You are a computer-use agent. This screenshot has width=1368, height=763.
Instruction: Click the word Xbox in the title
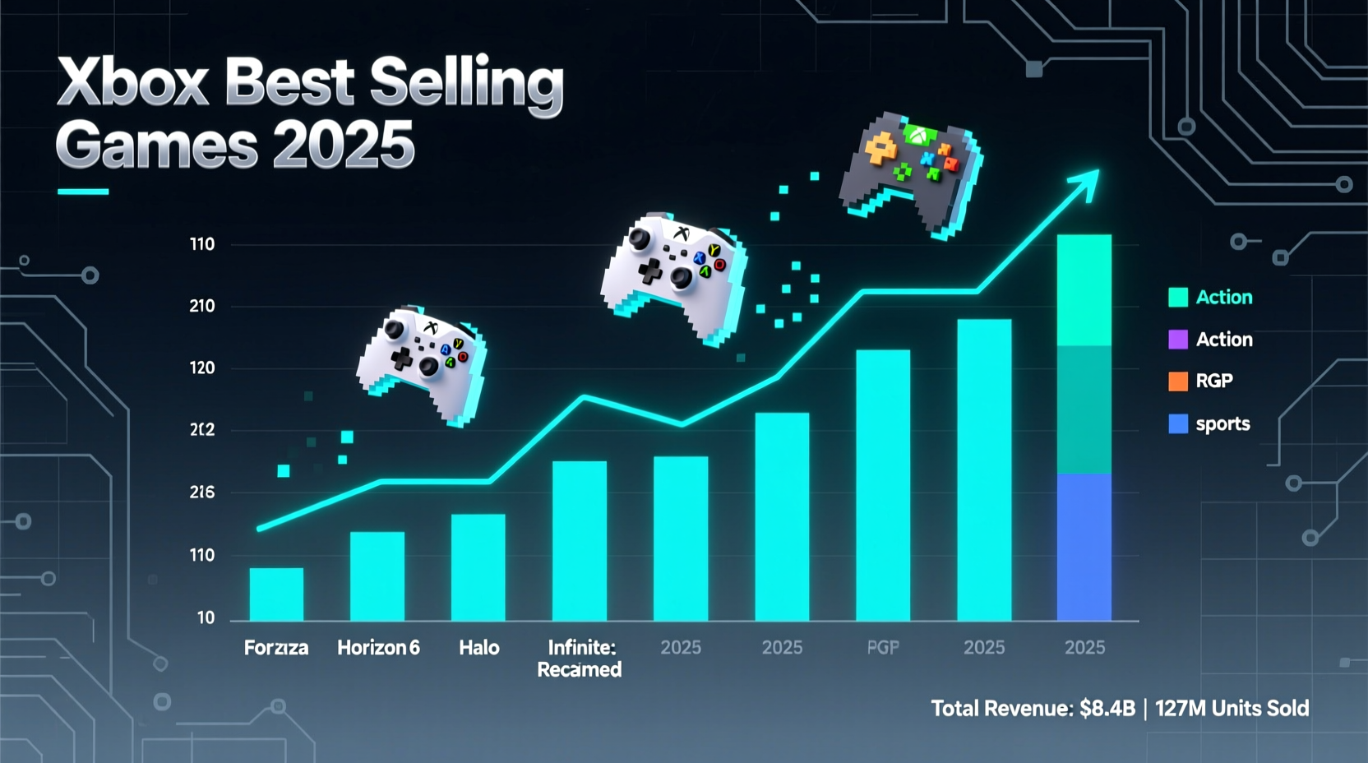point(132,83)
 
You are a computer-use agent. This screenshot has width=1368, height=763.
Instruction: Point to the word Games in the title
point(156,144)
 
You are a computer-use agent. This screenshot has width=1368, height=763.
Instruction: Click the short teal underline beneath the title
point(83,192)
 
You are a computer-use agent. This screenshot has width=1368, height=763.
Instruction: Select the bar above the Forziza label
point(276,594)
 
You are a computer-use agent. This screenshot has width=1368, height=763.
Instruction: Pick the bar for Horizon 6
point(377,576)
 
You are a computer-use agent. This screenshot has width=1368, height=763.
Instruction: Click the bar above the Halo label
point(478,566)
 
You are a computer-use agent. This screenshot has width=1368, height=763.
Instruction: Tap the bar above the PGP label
point(883,485)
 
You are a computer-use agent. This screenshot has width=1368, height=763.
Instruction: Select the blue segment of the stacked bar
point(1084,547)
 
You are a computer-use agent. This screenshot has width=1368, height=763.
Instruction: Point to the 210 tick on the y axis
point(201,306)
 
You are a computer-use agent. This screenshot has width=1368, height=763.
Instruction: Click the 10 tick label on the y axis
point(206,617)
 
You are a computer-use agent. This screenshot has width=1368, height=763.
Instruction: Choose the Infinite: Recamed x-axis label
point(580,659)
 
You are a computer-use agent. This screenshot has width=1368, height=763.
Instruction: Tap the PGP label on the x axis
point(883,648)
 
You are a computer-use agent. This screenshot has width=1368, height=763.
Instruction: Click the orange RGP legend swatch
point(1178,381)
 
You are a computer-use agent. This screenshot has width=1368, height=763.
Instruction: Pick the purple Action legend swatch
point(1178,340)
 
